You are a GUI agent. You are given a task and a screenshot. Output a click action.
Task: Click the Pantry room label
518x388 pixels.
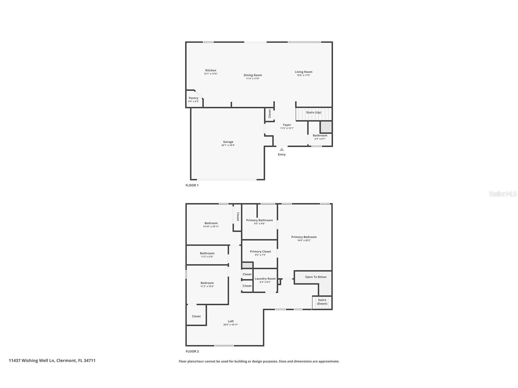click(194, 98)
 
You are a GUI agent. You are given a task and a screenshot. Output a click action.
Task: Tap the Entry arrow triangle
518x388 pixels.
click(282, 149)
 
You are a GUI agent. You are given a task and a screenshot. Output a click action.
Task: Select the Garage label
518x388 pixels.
click(228, 142)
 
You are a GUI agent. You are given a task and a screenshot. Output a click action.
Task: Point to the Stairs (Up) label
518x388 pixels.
click(313, 112)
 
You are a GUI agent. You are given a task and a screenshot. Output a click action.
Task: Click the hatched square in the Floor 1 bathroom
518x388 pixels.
click(326, 127)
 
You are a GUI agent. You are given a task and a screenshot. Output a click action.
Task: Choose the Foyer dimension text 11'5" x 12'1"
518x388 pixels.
click(287, 128)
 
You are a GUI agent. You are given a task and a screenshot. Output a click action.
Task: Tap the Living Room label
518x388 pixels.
click(303, 72)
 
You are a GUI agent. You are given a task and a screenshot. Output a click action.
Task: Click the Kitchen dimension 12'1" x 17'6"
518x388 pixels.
click(211, 74)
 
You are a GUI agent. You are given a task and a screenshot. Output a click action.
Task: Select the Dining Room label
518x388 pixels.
click(253, 75)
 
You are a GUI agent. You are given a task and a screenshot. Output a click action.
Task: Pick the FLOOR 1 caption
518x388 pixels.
click(192, 185)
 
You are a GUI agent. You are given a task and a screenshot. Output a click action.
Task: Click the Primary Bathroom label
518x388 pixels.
click(259, 220)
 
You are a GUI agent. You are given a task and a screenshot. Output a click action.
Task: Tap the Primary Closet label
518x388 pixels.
click(260, 252)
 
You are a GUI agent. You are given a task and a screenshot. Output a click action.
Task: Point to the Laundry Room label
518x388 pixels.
click(265, 278)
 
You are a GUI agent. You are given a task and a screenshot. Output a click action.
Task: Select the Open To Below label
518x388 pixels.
click(316, 277)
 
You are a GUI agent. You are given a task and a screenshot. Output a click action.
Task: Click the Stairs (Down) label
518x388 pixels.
click(322, 302)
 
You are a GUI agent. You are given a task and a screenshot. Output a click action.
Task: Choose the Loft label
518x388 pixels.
click(231, 321)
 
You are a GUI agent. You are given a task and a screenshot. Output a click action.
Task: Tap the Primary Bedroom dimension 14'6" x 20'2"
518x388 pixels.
click(304, 240)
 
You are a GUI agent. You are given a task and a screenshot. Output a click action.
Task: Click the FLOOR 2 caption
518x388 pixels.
click(192, 351)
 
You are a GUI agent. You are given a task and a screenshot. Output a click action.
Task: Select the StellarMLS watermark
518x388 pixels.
click(503, 194)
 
